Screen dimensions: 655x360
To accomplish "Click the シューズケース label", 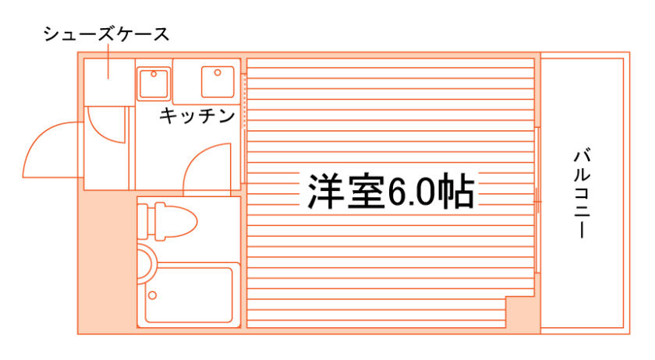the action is pyautogui.click(x=106, y=34).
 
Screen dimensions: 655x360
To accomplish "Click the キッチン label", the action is pyautogui.click(x=198, y=116).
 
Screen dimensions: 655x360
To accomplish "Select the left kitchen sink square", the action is pyautogui.click(x=154, y=83).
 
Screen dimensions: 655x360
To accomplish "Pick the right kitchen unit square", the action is pyautogui.click(x=218, y=81).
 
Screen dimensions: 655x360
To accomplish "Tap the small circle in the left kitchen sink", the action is pyautogui.click(x=154, y=75).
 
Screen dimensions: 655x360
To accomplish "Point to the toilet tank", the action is pyautogui.click(x=146, y=221).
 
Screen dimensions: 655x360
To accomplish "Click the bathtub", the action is pyautogui.click(x=189, y=295).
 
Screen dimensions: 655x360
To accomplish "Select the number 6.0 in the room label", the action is pyautogui.click(x=412, y=191).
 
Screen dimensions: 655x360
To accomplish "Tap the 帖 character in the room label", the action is pyautogui.click(x=455, y=191).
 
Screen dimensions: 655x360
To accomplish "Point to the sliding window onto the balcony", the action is pyautogui.click(x=539, y=199).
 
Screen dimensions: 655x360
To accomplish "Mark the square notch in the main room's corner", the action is pyautogui.click(x=522, y=313).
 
